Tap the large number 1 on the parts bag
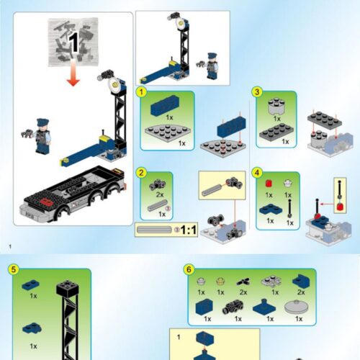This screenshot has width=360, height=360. [x=72, y=42]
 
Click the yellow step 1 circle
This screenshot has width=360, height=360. [x=143, y=92]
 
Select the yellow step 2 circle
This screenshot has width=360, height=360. [x=143, y=174]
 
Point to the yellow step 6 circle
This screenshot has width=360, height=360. [x=189, y=269]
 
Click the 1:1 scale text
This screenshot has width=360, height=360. [x=189, y=230]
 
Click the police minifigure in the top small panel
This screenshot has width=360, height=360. [x=212, y=66]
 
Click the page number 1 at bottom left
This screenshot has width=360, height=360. [x=10, y=248]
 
